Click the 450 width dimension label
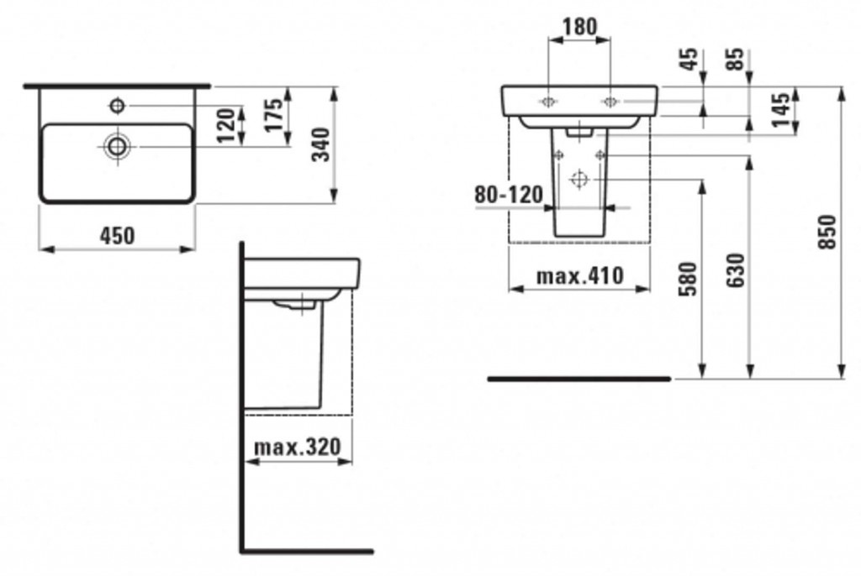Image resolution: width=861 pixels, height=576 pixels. (x=117, y=236)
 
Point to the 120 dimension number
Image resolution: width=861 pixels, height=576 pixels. (x=228, y=125)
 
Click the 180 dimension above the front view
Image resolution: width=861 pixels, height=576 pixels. (x=579, y=26)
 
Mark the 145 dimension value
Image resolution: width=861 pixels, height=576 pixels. (x=781, y=110)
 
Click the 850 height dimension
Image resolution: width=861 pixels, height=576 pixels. (x=827, y=232)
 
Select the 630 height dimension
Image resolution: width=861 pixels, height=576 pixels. (x=736, y=270)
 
